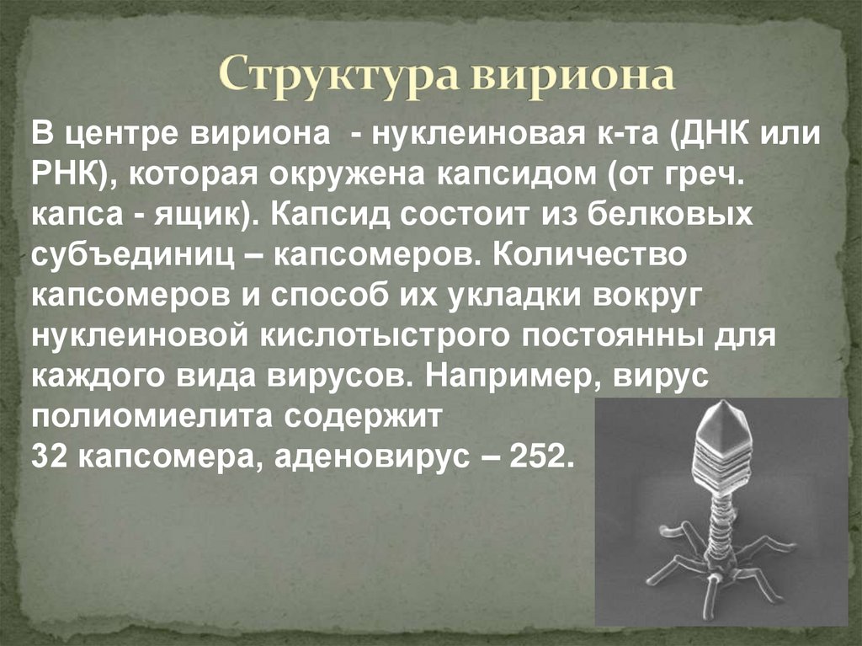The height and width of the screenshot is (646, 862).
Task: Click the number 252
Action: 545,455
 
